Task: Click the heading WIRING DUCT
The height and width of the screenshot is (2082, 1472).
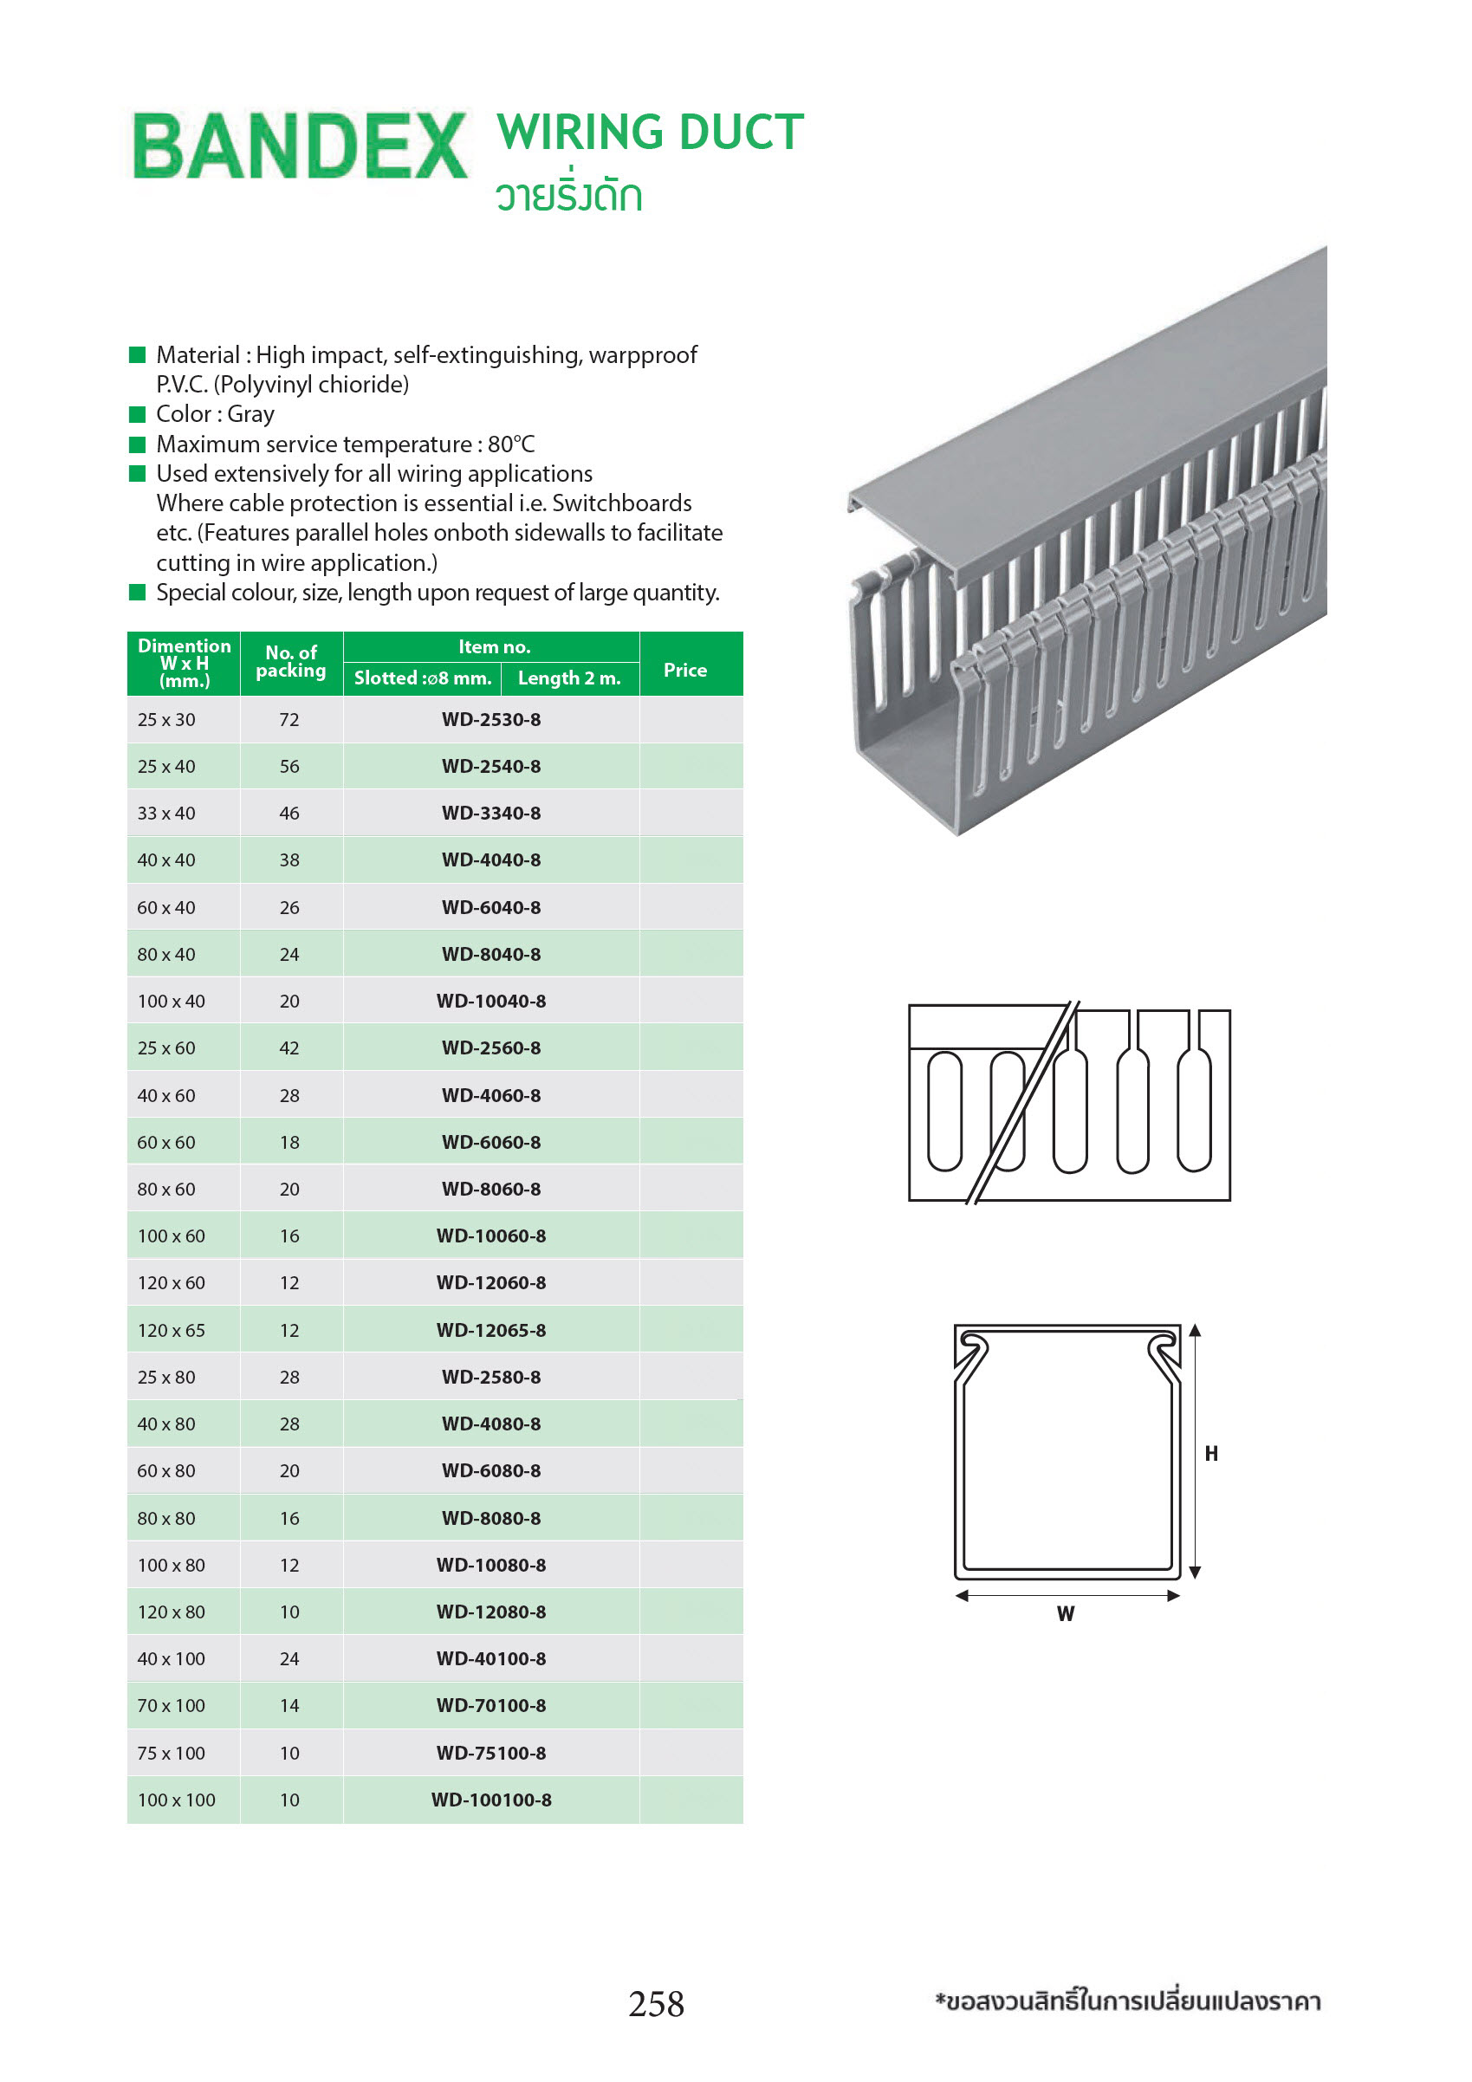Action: (650, 133)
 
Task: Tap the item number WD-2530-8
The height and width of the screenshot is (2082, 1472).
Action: (490, 720)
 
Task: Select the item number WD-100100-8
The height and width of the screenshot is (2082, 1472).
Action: (490, 1800)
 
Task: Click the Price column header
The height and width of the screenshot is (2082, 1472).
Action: (684, 670)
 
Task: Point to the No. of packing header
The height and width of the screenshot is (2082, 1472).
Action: (290, 662)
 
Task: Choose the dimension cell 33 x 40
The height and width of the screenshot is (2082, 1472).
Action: (166, 814)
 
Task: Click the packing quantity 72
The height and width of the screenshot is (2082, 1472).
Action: (289, 720)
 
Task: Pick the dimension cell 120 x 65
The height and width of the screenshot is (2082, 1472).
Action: (171, 1330)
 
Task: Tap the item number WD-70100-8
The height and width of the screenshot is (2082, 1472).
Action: (490, 1706)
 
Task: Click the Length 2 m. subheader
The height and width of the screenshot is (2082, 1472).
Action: (568, 678)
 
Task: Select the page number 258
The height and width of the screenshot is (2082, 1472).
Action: (656, 2004)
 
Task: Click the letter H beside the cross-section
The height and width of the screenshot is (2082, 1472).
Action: (1211, 1454)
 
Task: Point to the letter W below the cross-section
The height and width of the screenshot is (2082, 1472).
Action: (1066, 1614)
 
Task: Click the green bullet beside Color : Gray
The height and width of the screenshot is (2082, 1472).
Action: (138, 414)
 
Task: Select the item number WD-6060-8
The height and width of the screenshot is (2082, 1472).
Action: (490, 1143)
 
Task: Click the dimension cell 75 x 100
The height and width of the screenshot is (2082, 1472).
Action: (171, 1753)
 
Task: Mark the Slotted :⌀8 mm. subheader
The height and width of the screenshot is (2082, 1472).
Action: (422, 678)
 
